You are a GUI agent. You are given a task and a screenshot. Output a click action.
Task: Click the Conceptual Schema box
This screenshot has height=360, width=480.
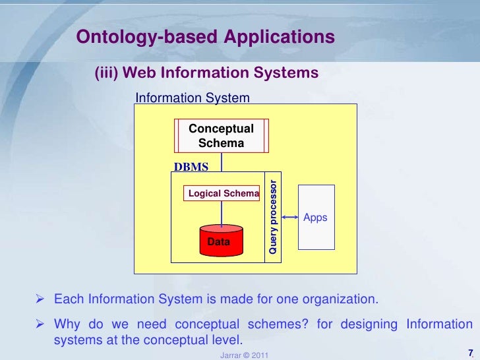[221, 136]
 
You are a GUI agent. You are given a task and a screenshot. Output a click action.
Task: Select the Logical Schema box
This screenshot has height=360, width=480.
[224, 193]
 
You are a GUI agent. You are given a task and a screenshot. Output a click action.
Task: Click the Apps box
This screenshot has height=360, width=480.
[316, 217]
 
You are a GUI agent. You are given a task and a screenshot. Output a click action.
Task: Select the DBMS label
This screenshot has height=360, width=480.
[191, 167]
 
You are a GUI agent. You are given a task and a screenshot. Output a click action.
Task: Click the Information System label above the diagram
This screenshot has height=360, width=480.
[193, 98]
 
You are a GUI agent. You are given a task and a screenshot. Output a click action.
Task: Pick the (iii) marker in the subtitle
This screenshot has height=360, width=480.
[106, 72]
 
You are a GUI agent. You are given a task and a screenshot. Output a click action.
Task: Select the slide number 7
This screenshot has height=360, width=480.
[469, 351]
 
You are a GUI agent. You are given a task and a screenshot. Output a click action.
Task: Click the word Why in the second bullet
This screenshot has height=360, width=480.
[67, 324]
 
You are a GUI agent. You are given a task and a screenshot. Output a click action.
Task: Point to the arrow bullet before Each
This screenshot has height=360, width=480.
[40, 300]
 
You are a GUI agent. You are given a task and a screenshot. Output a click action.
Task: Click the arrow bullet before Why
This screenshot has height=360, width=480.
[40, 324]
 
